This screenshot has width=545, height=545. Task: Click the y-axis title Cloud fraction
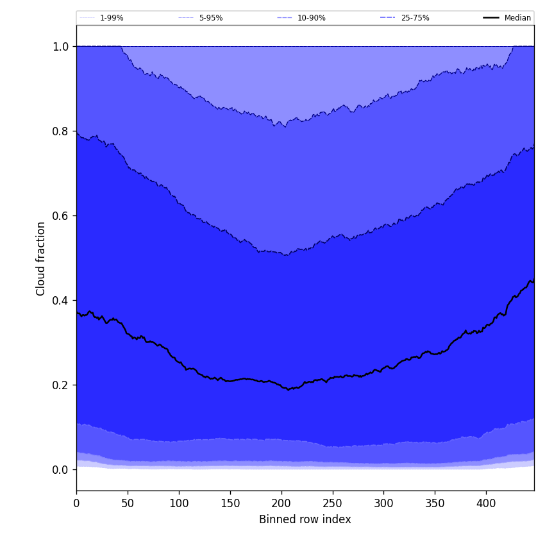pyautogui.click(x=41, y=258)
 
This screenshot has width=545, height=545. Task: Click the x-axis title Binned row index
pyautogui.click(x=305, y=519)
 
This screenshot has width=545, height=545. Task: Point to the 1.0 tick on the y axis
pyautogui.click(x=60, y=47)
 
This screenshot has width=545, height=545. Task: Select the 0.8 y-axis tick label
pyautogui.click(x=60, y=131)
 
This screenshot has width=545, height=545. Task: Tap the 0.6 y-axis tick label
pyautogui.click(x=60, y=216)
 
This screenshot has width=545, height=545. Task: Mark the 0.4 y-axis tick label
pyautogui.click(x=60, y=301)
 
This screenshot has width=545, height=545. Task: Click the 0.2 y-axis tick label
pyautogui.click(x=60, y=385)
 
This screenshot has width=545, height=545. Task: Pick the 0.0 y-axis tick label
pyautogui.click(x=60, y=470)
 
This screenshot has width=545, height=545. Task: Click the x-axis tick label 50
pyautogui.click(x=128, y=503)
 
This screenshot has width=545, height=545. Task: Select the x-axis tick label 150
pyautogui.click(x=230, y=503)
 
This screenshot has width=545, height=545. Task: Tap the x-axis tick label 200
pyautogui.click(x=281, y=503)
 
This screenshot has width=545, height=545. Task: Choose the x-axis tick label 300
pyautogui.click(x=383, y=503)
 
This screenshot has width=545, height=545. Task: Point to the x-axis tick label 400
pyautogui.click(x=486, y=503)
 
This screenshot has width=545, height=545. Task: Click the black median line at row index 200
pyautogui.click(x=281, y=385)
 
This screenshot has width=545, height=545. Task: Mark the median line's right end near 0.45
pyautogui.click(x=533, y=281)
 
